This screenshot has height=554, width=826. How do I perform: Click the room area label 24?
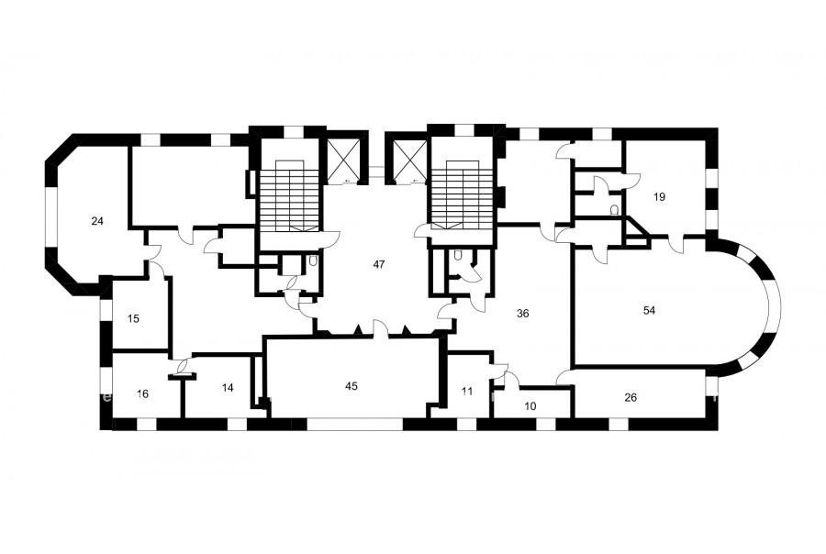pyautogui.click(x=97, y=221)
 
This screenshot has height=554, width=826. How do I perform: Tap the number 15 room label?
pyautogui.click(x=134, y=318)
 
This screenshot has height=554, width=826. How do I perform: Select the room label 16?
pyautogui.click(x=142, y=393)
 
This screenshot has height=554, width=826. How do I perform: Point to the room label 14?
pyautogui.click(x=228, y=388)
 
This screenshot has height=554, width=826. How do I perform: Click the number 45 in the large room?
pyautogui.click(x=352, y=386)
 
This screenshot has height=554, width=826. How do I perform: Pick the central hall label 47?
pyautogui.click(x=379, y=264)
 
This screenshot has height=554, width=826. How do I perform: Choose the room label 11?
pyautogui.click(x=467, y=392)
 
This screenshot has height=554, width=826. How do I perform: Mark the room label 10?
pyautogui.click(x=531, y=406)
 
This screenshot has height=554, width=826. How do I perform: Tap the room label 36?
pyautogui.click(x=522, y=314)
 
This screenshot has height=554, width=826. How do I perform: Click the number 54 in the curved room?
pyautogui.click(x=650, y=310)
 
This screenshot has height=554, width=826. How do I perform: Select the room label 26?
pyautogui.click(x=631, y=397)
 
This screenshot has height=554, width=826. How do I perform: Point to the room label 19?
pyautogui.click(x=659, y=197)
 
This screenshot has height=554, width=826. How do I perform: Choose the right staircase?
pyautogui.click(x=463, y=196)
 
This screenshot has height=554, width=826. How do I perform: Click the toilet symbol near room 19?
pyautogui.click(x=614, y=210)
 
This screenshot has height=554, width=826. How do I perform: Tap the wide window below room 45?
pyautogui.click(x=354, y=425)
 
